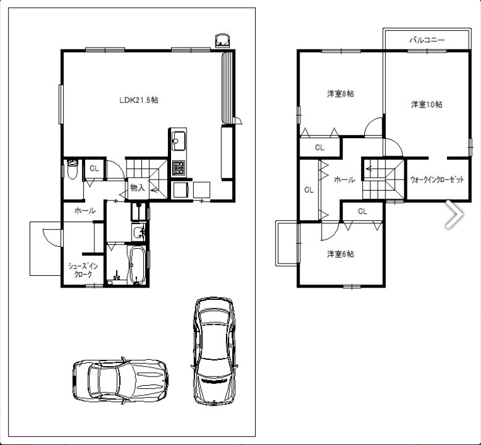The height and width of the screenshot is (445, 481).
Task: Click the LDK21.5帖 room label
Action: click(x=139, y=100)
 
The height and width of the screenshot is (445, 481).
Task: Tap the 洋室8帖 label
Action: click(x=340, y=94)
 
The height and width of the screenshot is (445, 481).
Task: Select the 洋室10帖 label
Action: click(x=427, y=104)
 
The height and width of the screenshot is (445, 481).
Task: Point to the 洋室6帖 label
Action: click(x=340, y=254)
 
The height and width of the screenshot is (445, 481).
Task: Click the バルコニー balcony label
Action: click(x=427, y=40)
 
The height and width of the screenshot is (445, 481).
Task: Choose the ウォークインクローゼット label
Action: click(x=437, y=180)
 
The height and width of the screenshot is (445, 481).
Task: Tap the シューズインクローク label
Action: click(x=83, y=270)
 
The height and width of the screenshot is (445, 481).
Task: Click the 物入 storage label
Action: click(x=137, y=188)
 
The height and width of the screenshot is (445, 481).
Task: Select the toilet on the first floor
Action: click(x=72, y=168)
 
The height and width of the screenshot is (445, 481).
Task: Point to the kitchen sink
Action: click(x=178, y=141)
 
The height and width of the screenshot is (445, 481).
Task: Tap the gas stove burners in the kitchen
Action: click(x=178, y=168)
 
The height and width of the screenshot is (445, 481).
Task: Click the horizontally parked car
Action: click(x=120, y=381)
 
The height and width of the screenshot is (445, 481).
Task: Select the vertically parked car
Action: click(x=214, y=351)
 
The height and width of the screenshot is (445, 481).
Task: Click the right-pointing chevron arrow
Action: click(x=454, y=214)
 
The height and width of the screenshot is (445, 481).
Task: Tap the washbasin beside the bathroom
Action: click(x=138, y=232)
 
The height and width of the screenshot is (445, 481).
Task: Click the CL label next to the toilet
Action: click(x=94, y=168)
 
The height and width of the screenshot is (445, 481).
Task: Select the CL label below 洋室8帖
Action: click(x=319, y=148)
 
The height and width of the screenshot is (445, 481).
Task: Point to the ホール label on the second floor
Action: click(x=345, y=180)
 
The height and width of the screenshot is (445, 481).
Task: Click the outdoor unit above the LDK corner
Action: click(x=222, y=41)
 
